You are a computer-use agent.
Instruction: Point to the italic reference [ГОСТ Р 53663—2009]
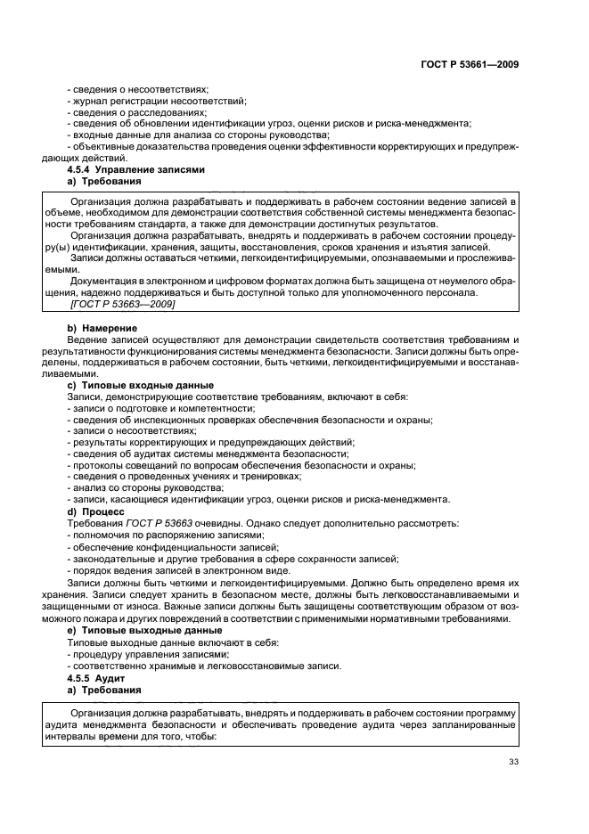point(121,305)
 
